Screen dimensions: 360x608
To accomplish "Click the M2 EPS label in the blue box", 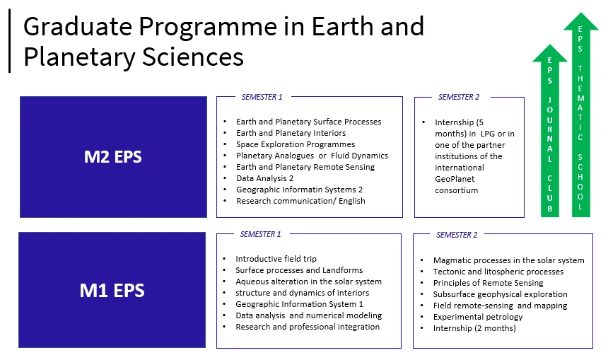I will click(x=112, y=156).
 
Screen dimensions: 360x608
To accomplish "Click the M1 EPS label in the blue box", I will click(x=112, y=290).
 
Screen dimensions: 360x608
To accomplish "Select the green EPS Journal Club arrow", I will click(x=549, y=134).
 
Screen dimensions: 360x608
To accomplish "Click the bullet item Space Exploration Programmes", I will click(x=295, y=144).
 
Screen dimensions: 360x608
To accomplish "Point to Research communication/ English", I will click(x=300, y=201).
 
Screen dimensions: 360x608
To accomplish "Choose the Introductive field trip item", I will click(x=276, y=259).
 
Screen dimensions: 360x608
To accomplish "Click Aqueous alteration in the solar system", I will click(x=308, y=281).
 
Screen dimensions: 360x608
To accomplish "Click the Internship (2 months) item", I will click(x=464, y=328).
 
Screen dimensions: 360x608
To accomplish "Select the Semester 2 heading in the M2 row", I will click(x=458, y=97).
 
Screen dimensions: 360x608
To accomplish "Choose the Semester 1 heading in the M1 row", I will click(x=260, y=234).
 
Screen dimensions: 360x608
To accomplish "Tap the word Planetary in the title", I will click(x=78, y=57).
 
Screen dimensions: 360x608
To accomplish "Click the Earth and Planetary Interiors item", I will click(x=291, y=133).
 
